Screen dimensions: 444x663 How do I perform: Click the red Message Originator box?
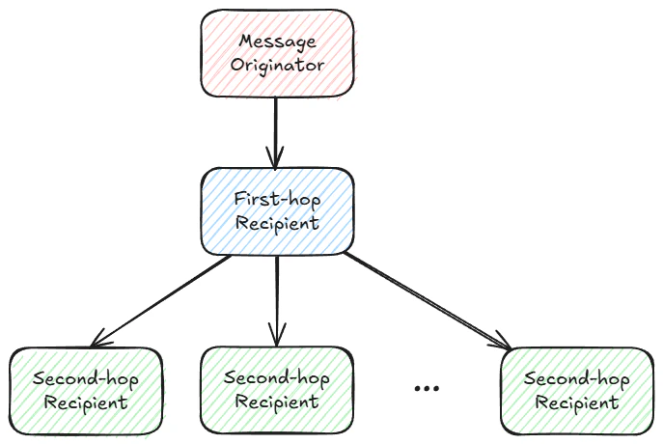click(x=278, y=53)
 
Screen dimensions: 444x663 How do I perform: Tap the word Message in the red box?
click(x=278, y=42)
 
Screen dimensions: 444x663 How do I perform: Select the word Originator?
click(x=278, y=65)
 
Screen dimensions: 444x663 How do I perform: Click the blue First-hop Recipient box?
click(x=278, y=210)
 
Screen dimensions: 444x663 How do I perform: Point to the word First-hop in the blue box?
click(x=278, y=199)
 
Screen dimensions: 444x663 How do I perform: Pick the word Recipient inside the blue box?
click(x=278, y=222)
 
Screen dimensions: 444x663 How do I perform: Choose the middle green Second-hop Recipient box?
click(x=277, y=388)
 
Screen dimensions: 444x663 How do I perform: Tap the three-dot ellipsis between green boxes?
click(x=426, y=388)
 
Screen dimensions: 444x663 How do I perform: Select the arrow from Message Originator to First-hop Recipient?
click(x=277, y=125)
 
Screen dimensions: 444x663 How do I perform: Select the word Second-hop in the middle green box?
click(x=277, y=376)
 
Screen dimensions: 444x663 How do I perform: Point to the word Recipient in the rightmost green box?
click(x=576, y=402)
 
